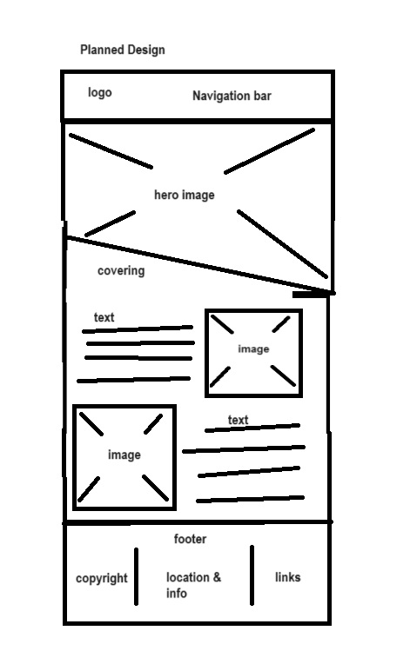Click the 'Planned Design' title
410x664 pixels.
[x=123, y=50]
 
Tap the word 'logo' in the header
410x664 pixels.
[x=100, y=92]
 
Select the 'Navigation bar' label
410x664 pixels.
[x=232, y=96]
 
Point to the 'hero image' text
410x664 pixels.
[x=185, y=195]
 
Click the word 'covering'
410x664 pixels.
[x=121, y=270]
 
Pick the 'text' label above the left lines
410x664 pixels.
[x=104, y=317]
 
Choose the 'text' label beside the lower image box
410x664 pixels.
[x=238, y=420]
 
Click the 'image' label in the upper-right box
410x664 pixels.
[x=253, y=349]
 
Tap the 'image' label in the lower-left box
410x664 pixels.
[x=124, y=455]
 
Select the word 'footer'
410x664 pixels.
[x=191, y=539]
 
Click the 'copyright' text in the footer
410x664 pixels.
[x=102, y=579]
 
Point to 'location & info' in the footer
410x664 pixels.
[x=193, y=585]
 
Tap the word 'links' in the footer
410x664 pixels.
[x=288, y=577]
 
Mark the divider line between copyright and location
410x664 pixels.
[x=136, y=576]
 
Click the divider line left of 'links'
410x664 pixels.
[x=252, y=575]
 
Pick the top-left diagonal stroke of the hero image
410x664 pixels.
[x=111, y=151]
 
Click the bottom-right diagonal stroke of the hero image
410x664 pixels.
[x=282, y=244]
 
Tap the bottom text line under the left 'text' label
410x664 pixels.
[x=133, y=380]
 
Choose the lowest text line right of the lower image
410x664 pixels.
[x=250, y=499]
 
